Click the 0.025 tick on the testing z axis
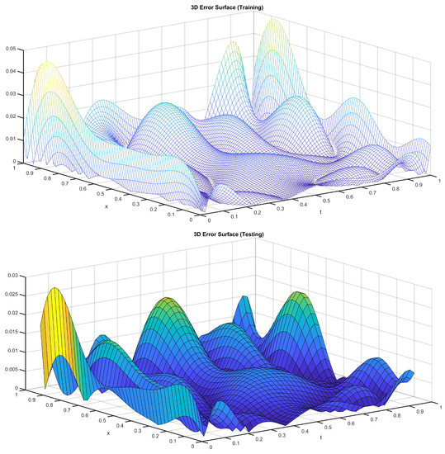[11, 294]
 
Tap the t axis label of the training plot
[320, 212]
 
